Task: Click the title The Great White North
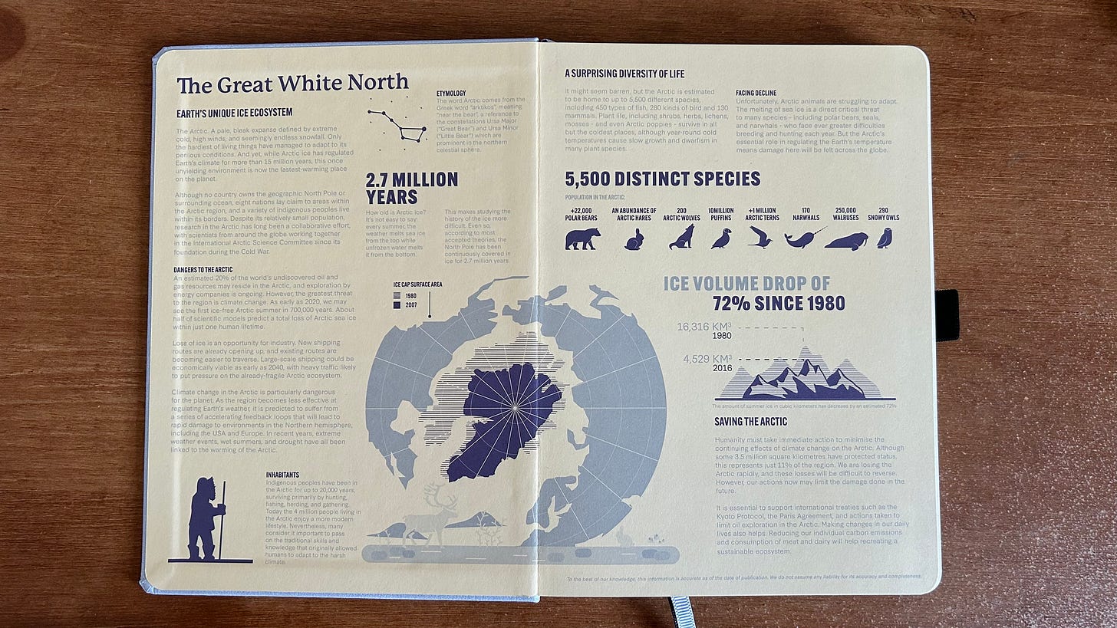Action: coord(292,83)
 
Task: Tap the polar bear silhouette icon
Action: coord(583,238)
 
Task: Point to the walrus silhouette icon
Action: coord(846,241)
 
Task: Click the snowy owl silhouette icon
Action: coord(885,238)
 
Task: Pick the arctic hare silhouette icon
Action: coord(634,240)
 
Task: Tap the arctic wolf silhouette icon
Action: coord(680,237)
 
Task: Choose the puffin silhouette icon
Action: coord(720,239)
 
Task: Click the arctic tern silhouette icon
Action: coord(759,237)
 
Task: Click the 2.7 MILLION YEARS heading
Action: coord(411,188)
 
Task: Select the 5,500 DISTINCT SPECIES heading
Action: coord(662,179)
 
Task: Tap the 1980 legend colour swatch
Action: coord(397,294)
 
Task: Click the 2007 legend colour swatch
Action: coord(397,304)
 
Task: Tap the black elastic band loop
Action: coord(947,314)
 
